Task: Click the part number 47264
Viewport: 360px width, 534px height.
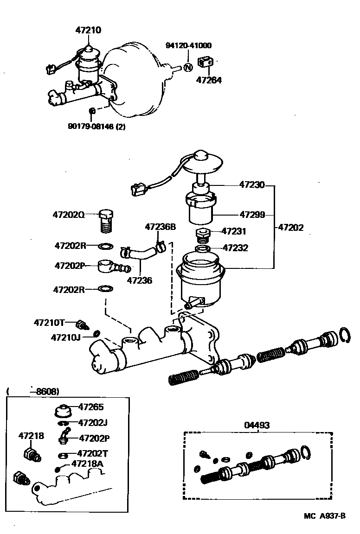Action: [x=209, y=80]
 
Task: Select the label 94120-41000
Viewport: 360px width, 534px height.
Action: [x=188, y=45]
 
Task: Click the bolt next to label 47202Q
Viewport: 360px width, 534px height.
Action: [x=106, y=222]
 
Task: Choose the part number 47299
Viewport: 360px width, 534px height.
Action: [x=252, y=215]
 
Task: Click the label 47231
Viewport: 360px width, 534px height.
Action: [x=234, y=231]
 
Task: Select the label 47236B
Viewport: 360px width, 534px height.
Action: [x=161, y=227]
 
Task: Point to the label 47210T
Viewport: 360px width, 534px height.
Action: [x=49, y=322]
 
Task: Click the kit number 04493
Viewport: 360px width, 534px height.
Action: [x=257, y=425]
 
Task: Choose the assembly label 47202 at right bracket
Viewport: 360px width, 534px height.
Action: [x=291, y=228]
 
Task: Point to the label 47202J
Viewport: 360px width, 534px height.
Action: [x=93, y=422]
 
